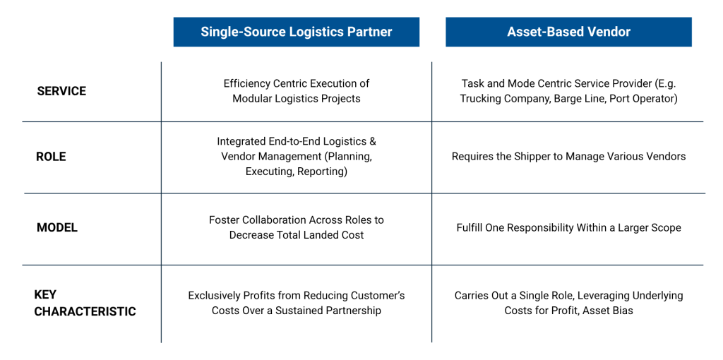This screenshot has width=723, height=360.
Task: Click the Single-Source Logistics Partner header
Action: pos(297,32)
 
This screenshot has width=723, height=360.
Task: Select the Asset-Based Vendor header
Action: pos(568,32)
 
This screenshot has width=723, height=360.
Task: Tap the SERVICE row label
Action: pos(61,91)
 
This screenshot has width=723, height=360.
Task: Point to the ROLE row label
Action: pos(51,157)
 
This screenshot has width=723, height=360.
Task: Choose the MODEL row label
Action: pos(57,227)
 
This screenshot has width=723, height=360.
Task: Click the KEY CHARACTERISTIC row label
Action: pos(85,303)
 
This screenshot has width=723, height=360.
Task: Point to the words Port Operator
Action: pos(645,99)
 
